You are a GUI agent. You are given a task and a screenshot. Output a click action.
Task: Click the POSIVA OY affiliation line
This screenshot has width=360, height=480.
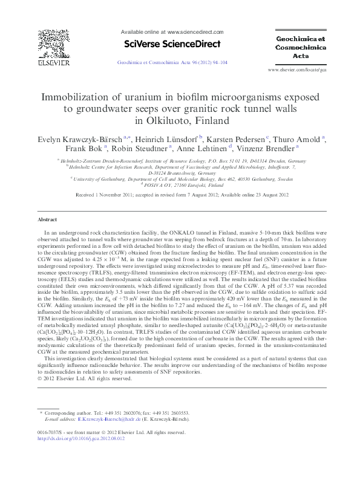[x=179, y=186]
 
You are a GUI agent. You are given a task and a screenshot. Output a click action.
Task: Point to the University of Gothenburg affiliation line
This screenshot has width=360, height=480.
[x=180, y=179]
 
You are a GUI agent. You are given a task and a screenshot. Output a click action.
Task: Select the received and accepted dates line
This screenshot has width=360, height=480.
[x=180, y=196]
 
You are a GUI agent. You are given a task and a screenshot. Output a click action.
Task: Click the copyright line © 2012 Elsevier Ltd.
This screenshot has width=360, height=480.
[x=85, y=379]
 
